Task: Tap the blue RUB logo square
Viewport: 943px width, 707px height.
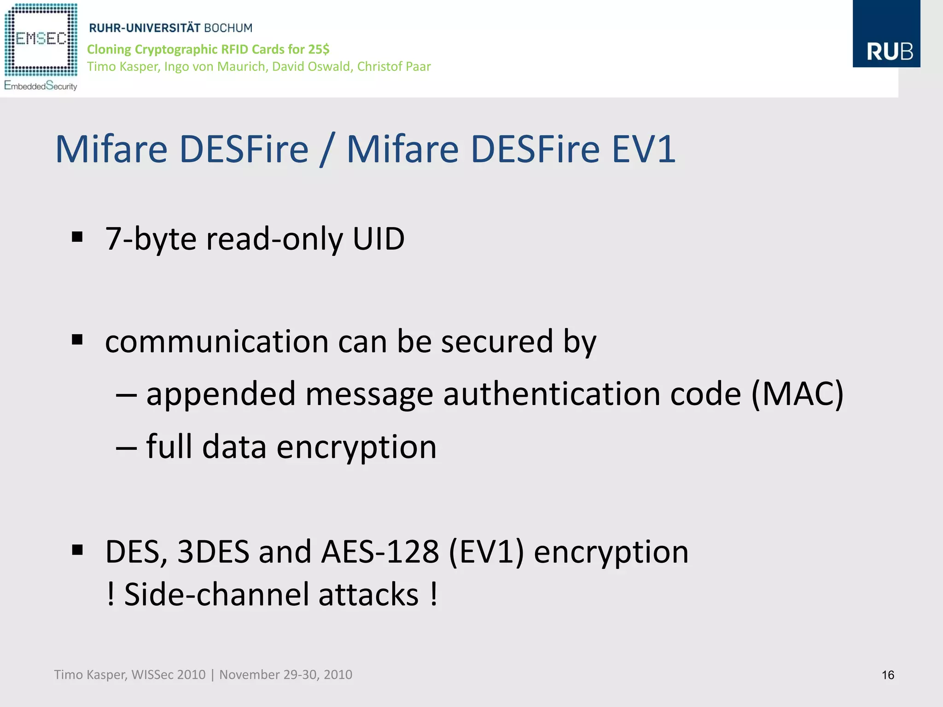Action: click(886, 34)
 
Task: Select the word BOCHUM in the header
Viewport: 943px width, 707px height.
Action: click(228, 28)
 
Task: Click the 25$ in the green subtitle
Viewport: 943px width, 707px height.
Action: click(319, 49)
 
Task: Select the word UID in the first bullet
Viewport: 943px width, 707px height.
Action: click(378, 239)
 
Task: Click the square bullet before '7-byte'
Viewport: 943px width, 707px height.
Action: click(77, 237)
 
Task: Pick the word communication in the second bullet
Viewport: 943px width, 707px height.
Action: click(216, 342)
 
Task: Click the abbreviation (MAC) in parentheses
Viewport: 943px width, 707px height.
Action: click(797, 394)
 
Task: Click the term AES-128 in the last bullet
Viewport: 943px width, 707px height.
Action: click(379, 551)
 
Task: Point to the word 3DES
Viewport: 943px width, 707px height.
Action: click(213, 551)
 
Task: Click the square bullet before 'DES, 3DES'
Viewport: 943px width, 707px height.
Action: click(77, 550)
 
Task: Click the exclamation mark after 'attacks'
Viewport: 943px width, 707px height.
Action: click(434, 594)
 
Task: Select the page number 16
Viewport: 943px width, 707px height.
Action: click(888, 675)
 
